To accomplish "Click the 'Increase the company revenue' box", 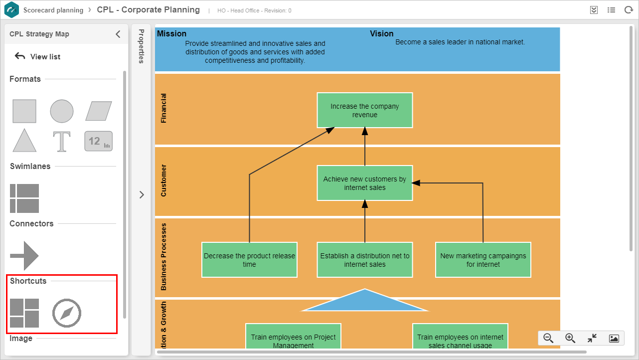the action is pyautogui.click(x=364, y=110).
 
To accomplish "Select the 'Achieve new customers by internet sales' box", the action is pyautogui.click(x=364, y=183).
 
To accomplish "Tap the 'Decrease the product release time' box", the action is pyautogui.click(x=249, y=260).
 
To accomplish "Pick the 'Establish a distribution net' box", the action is pyautogui.click(x=364, y=260).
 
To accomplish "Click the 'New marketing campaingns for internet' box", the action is pyautogui.click(x=483, y=260).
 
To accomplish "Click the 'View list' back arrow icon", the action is pyautogui.click(x=19, y=56).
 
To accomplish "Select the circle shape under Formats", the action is pyautogui.click(x=62, y=111).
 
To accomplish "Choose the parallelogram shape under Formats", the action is pyautogui.click(x=98, y=111).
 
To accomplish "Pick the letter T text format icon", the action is pyautogui.click(x=62, y=141).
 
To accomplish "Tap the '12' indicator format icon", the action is pyautogui.click(x=98, y=141).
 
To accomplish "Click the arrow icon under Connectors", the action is pyautogui.click(x=24, y=256).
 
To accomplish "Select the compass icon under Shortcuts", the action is pyautogui.click(x=67, y=313).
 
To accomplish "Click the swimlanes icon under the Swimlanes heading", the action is pyautogui.click(x=24, y=198).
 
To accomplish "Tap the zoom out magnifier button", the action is pyautogui.click(x=548, y=338).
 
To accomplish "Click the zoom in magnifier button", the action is pyautogui.click(x=570, y=338).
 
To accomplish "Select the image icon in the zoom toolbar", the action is pyautogui.click(x=614, y=339).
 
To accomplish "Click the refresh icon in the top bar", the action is pyautogui.click(x=629, y=10).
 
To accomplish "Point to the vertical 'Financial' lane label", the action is pyautogui.click(x=163, y=108).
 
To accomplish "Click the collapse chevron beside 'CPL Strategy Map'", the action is pyautogui.click(x=118, y=34).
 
